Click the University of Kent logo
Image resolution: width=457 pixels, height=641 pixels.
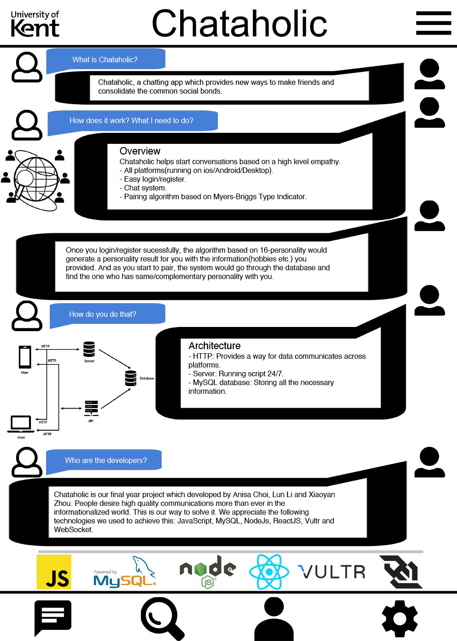35,24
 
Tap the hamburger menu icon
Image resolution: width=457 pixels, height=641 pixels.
434,23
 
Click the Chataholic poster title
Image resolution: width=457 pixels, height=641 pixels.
240,23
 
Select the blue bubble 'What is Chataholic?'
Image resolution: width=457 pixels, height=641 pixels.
105,60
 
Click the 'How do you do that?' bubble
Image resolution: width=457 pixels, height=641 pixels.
107,315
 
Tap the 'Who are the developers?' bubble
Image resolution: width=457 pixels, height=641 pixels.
104,460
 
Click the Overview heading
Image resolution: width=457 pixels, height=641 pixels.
140,151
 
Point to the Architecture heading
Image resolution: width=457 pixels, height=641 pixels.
214,346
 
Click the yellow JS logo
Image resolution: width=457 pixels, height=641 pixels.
54,572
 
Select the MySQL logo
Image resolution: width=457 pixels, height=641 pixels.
124,572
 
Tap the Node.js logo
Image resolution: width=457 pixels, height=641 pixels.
207,572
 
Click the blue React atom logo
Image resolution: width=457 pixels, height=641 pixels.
269,572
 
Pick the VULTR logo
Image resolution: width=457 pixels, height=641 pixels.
332,572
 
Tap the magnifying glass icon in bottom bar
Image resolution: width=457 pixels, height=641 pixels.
162,619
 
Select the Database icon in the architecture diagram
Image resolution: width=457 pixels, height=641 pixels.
131,378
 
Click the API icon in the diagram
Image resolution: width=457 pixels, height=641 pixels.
92,408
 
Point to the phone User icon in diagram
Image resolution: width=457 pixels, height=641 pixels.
25,357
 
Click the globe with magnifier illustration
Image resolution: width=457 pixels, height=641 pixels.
36,180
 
